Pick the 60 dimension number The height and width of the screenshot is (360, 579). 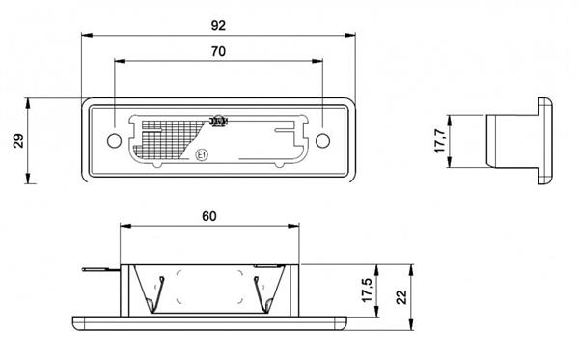click(x=208, y=215)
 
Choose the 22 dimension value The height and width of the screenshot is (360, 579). click(x=399, y=291)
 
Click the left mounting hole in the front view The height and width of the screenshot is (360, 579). click(x=114, y=141)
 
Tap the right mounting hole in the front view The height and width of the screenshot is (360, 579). click(x=322, y=141)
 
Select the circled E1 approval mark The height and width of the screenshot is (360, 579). click(x=202, y=153)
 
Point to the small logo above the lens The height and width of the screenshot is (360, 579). click(x=218, y=121)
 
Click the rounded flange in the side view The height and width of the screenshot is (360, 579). click(x=544, y=141)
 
